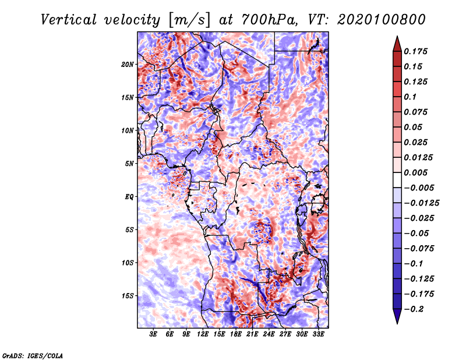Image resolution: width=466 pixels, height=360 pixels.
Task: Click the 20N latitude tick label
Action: [128, 65]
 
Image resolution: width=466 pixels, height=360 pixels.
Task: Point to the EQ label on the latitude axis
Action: [129, 197]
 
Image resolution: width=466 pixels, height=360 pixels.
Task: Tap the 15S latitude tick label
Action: [128, 296]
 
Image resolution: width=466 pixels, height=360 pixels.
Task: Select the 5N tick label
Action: [129, 164]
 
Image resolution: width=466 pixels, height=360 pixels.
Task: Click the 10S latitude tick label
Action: [128, 263]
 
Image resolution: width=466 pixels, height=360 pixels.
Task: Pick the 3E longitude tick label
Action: [153, 334]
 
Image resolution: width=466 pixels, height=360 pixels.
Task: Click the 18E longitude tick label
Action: [236, 334]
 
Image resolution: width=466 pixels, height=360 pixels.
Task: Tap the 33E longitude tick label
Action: [318, 334]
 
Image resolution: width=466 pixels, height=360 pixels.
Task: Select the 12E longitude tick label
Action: [203, 334]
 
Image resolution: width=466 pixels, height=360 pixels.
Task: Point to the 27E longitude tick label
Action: [285, 334]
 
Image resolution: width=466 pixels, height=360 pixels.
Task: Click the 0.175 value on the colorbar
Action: [416, 51]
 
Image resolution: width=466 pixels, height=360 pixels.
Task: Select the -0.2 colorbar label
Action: [414, 309]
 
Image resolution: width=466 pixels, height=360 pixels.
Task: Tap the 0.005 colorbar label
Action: [416, 172]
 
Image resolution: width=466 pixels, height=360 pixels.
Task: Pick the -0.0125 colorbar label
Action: [421, 203]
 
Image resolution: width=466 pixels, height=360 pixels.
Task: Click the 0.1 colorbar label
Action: [411, 97]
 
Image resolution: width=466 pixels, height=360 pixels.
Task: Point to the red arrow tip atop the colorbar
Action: [397, 36]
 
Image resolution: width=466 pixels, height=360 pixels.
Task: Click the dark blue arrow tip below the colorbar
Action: [397, 323]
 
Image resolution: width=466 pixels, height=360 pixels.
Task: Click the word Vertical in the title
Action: [69, 20]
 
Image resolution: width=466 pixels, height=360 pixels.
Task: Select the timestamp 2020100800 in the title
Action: [382, 20]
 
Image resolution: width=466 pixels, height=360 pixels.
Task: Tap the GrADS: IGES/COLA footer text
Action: [33, 355]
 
